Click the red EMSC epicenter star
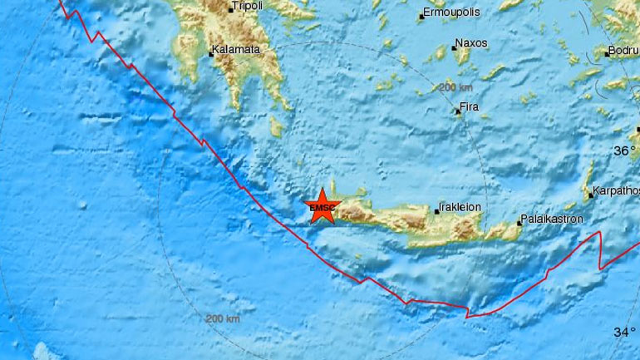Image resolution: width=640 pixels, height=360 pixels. tap(320, 208)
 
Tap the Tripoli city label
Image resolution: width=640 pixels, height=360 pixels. tap(246, 5)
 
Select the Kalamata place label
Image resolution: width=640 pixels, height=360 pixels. tap(237, 50)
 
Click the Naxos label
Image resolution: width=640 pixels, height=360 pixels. tap(471, 44)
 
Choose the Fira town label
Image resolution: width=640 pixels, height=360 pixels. tap(470, 108)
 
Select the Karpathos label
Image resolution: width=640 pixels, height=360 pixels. tap(614, 193)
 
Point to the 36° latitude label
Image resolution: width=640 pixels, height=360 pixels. tap(624, 151)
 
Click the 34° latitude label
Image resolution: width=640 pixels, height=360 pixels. tap(624, 333)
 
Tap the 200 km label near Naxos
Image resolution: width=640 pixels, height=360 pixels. tap(456, 87)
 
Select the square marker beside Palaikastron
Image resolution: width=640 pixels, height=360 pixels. tap(517, 222)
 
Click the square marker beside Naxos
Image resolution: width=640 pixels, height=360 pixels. tap(454, 48)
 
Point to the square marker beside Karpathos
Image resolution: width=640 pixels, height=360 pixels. tap(590, 196)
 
